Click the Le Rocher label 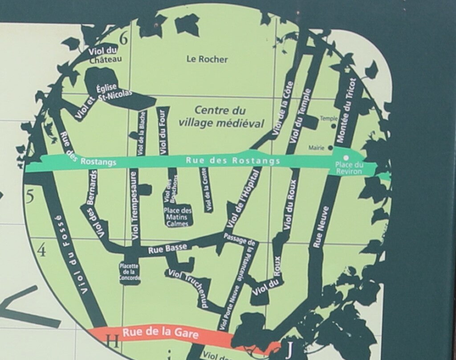(207, 59)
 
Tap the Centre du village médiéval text (221, 117)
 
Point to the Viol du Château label (105, 55)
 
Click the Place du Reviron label (349, 168)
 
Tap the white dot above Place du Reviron (346, 158)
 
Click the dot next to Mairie (330, 147)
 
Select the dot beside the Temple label (333, 126)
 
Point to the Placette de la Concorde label (129, 272)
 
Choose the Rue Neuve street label (322, 227)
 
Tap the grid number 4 (41, 251)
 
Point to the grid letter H (113, 342)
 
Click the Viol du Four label (163, 133)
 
